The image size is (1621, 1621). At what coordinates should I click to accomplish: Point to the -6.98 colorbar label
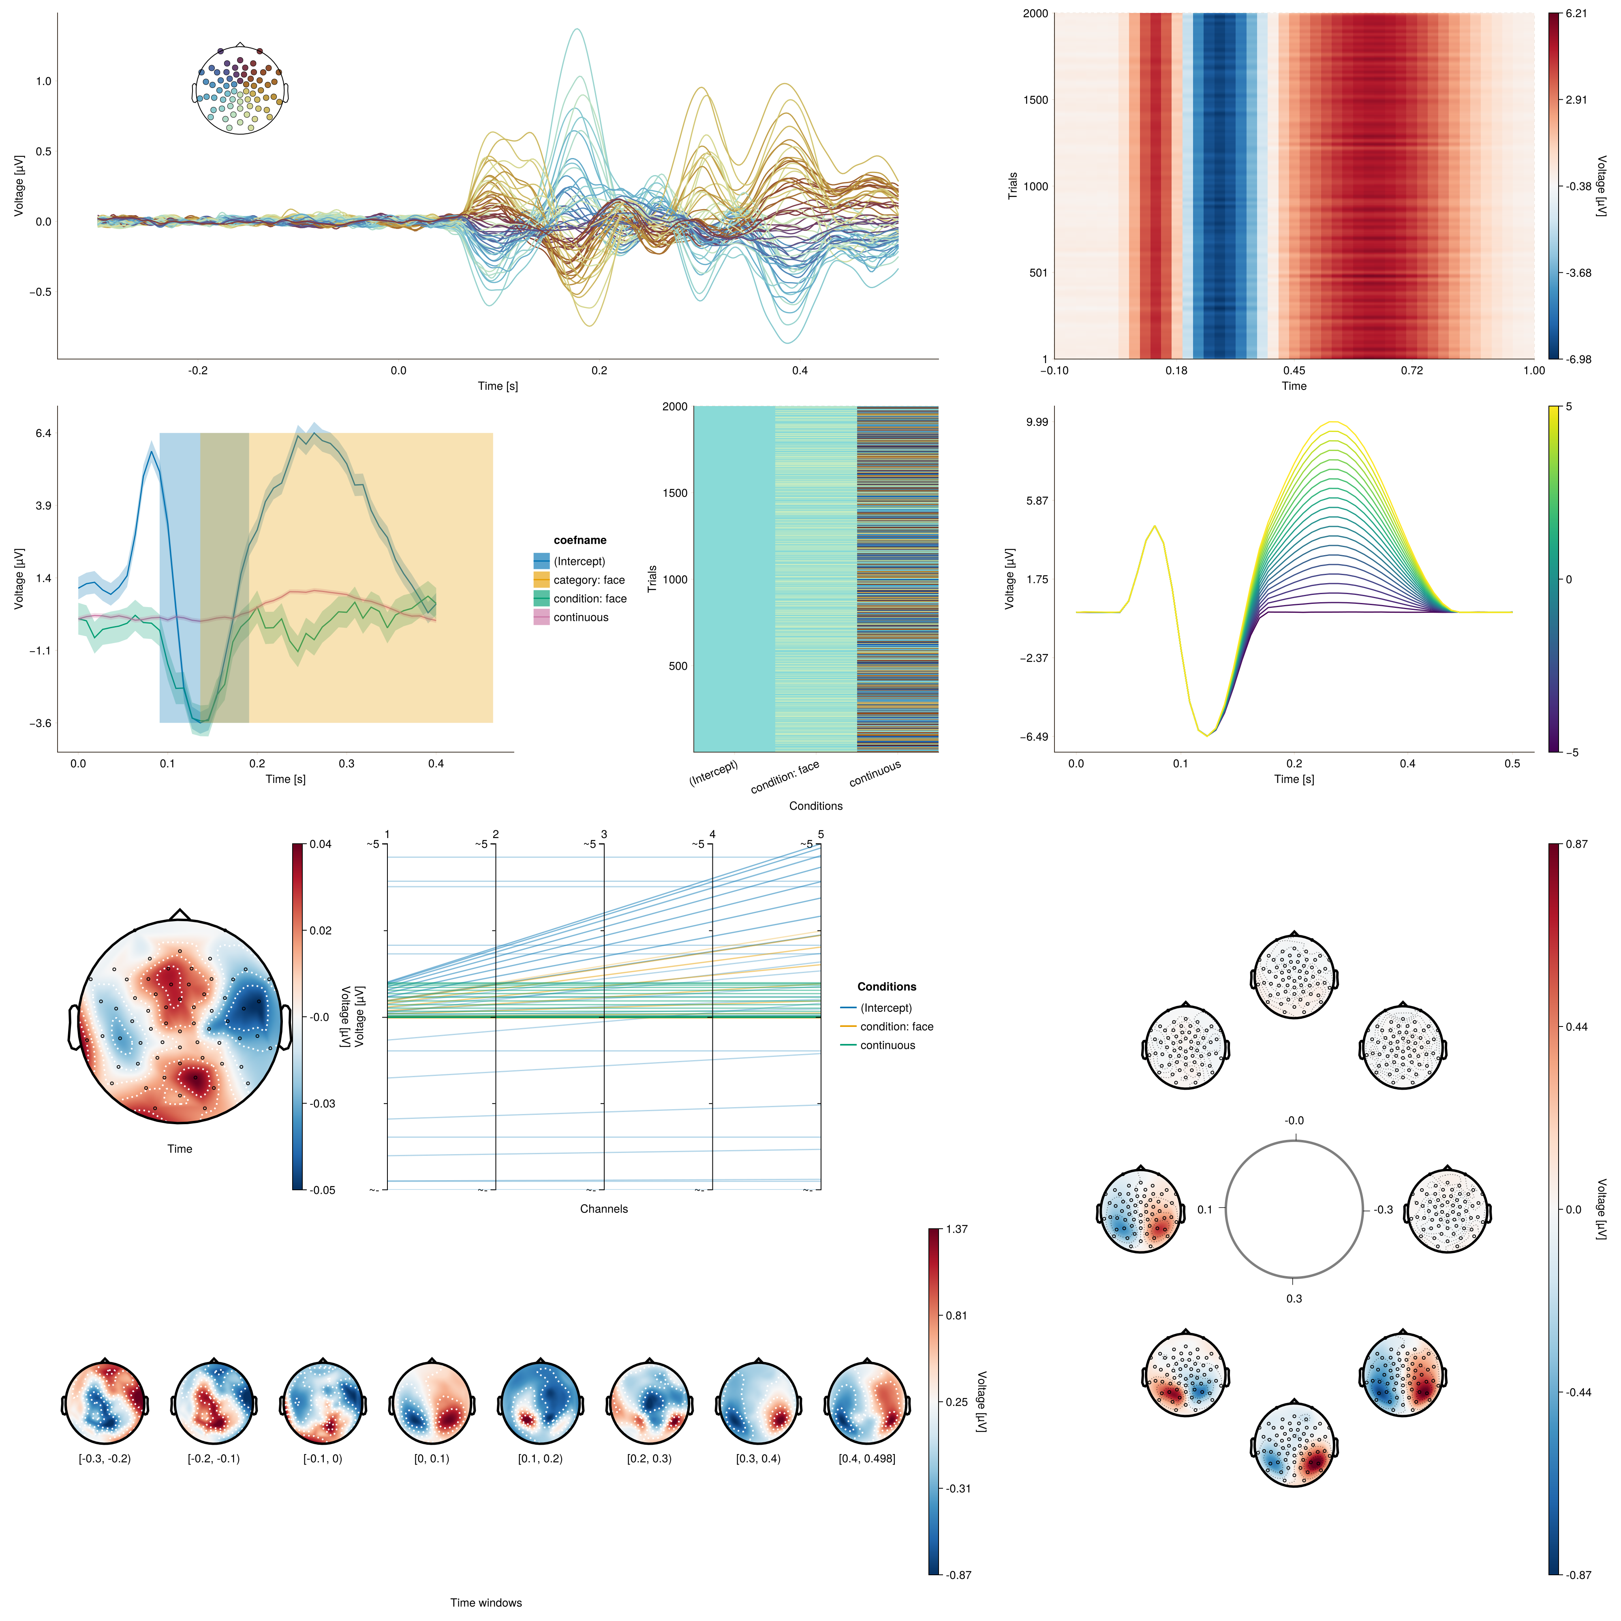[1577, 359]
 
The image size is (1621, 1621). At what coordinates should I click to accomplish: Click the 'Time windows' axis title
[486, 1602]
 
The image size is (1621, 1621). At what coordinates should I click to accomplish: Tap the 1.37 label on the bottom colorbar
[956, 1229]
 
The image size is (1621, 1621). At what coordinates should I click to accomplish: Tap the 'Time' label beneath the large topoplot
[180, 1148]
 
